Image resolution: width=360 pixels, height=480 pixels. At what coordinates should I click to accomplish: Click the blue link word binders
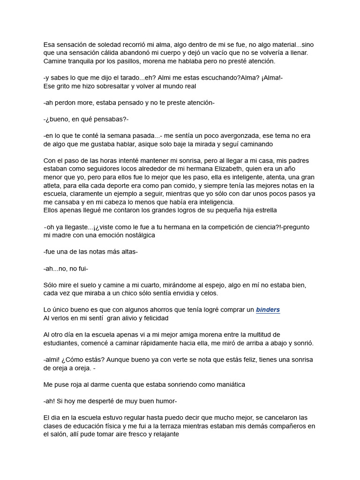(268, 310)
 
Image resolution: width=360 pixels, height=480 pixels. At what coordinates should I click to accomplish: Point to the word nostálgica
(136, 235)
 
